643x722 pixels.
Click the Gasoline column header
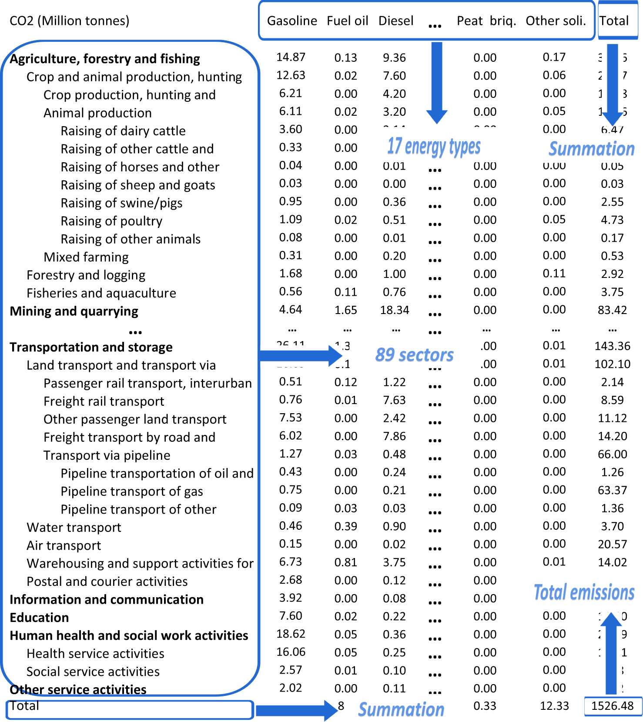pos(292,21)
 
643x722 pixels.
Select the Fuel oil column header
pos(347,21)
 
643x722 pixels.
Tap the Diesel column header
pos(396,21)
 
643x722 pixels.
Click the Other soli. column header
pos(556,21)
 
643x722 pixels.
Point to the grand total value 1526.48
pos(612,705)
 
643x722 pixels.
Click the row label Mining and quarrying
pos(74,311)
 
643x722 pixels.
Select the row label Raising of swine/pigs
pos(121,203)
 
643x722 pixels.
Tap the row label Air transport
pos(64,545)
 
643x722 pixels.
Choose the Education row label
pos(39,618)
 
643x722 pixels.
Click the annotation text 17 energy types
pos(434,147)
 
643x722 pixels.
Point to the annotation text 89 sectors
pos(414,355)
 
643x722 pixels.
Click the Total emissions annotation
pos(584,592)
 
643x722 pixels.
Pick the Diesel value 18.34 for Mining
pos(395,310)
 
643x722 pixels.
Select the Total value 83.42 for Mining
pos(612,310)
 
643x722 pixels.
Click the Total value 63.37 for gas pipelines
pos(612,490)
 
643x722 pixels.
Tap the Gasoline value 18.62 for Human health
pos(291,634)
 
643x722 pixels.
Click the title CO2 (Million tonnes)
pos(69,21)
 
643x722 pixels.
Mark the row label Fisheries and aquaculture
pos(101,293)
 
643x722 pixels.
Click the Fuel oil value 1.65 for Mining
pos(345,310)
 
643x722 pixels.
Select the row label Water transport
pos(74,528)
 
